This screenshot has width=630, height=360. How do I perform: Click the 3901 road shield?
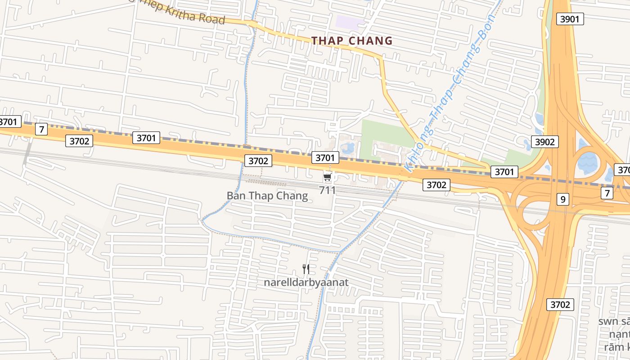[570, 18]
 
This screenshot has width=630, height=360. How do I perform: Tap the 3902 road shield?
[544, 142]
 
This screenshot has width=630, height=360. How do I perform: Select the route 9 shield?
[562, 198]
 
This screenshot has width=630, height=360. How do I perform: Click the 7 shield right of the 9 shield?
[607, 193]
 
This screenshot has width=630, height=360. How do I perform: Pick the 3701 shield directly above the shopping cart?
[325, 157]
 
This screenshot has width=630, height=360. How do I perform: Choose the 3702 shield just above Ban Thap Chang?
[258, 161]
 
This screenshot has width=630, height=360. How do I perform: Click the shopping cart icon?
[327, 177]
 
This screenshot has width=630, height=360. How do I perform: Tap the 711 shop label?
[327, 190]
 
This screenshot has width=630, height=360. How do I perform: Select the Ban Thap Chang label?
[267, 196]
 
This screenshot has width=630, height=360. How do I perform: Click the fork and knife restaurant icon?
[306, 269]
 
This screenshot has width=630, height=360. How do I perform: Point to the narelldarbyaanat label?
[306, 283]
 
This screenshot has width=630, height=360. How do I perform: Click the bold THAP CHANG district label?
[352, 41]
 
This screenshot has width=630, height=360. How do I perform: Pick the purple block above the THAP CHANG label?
[350, 21]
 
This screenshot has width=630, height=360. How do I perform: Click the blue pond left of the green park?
[347, 147]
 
